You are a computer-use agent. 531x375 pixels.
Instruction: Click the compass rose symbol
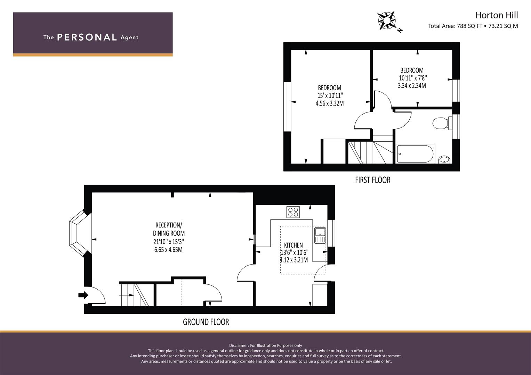point(387,20)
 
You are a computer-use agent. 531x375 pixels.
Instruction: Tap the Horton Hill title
point(496,15)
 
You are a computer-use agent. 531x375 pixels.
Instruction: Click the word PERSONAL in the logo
point(87,37)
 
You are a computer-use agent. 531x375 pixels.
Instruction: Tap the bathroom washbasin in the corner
point(444,159)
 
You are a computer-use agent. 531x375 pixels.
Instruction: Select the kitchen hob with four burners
point(293,212)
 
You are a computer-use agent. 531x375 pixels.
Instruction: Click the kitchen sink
point(319,235)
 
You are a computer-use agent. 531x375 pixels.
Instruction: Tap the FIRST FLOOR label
point(372,180)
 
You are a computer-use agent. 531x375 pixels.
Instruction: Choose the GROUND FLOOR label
point(206,322)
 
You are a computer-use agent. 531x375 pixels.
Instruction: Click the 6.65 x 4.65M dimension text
point(168,250)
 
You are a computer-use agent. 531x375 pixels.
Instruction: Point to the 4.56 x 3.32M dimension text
point(329,103)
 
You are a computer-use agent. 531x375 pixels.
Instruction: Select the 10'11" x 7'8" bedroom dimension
point(412,78)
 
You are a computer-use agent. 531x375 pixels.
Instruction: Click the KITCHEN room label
point(293,245)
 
